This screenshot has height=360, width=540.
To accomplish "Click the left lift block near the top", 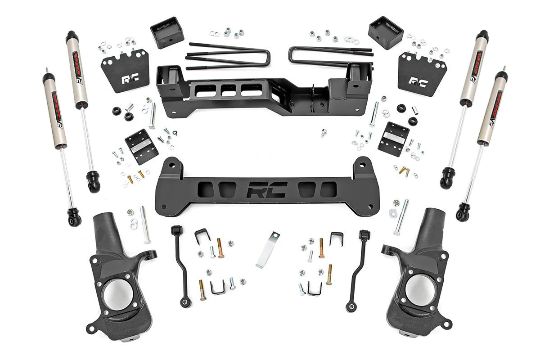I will [x=167, y=32].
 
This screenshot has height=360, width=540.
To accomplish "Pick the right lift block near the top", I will [x=385, y=32].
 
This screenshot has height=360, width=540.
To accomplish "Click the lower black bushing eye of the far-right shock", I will [x=463, y=214].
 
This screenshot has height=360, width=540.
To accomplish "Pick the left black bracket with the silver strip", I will [x=141, y=146].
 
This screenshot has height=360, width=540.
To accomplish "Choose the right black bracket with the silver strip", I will [x=393, y=139].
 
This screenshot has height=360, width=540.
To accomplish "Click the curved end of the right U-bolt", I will [x=293, y=55].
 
